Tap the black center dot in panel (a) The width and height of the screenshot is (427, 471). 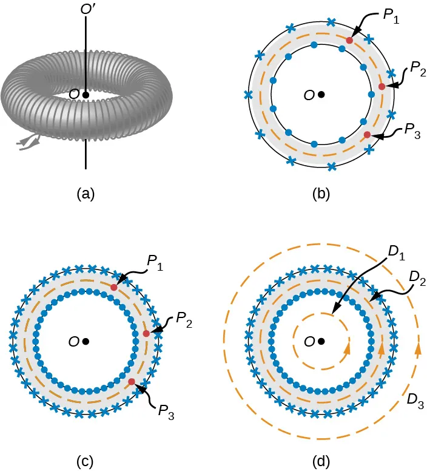coord(86,95)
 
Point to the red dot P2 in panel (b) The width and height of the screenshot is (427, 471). coord(382,87)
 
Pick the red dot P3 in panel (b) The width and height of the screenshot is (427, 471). coord(366,134)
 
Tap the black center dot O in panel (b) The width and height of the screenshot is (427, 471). coord(321,95)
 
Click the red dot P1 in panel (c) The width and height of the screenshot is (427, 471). coord(113,287)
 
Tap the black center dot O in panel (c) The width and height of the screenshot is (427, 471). coord(86,342)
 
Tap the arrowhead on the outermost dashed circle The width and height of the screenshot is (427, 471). coord(418,349)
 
